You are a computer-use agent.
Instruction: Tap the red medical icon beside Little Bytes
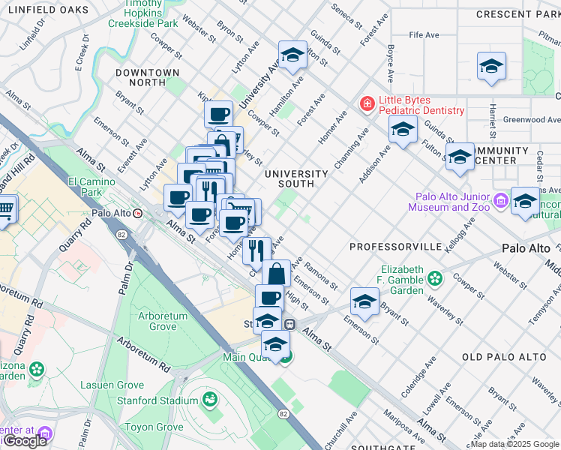[367, 103]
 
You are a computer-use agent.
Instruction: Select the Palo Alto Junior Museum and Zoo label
[449, 202]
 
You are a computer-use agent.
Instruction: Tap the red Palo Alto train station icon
[138, 213]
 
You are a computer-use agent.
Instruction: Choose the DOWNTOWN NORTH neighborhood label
[148, 73]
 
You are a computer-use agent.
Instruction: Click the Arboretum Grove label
[163, 322]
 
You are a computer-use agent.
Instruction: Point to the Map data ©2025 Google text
[514, 444]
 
